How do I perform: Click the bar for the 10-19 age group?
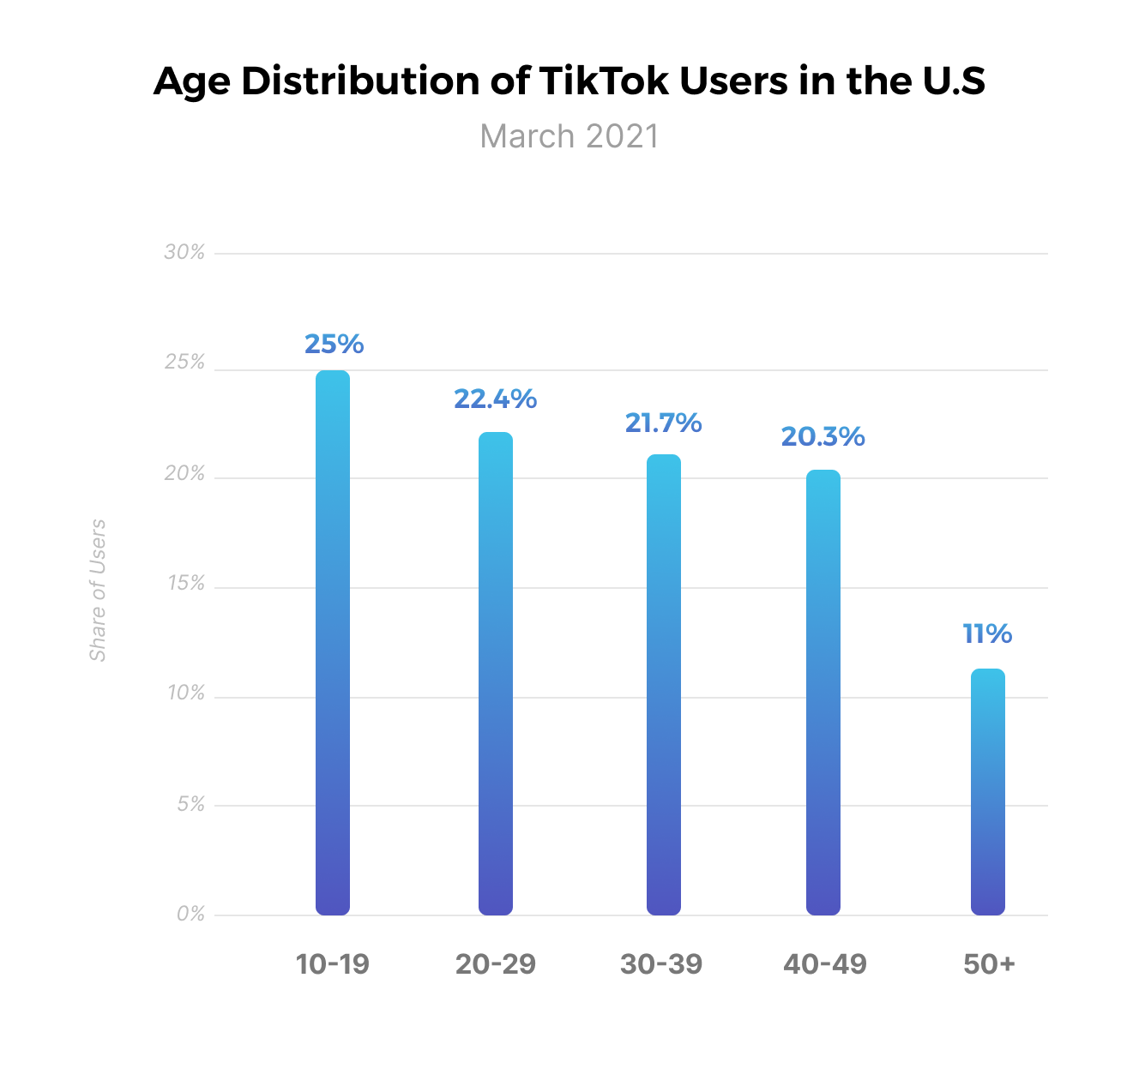click(x=333, y=643)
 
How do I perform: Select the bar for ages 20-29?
click(x=496, y=674)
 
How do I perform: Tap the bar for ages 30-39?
click(x=663, y=685)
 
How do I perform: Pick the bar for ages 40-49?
click(x=823, y=693)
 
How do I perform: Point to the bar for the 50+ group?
click(x=987, y=792)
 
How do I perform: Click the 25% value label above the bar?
click(x=334, y=344)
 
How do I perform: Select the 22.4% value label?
click(x=495, y=399)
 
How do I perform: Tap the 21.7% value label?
click(x=663, y=423)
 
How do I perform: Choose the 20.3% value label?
click(x=823, y=437)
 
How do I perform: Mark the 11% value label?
click(x=987, y=634)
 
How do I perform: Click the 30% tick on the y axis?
click(x=184, y=252)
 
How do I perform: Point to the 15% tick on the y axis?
click(x=186, y=584)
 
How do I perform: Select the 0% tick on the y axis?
click(x=190, y=915)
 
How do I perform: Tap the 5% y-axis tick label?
click(x=190, y=804)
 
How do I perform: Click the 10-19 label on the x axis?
click(x=332, y=964)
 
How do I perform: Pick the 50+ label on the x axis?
click(x=989, y=964)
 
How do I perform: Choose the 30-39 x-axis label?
click(x=661, y=964)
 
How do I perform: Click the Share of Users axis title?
click(x=98, y=590)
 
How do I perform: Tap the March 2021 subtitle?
click(x=569, y=136)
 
